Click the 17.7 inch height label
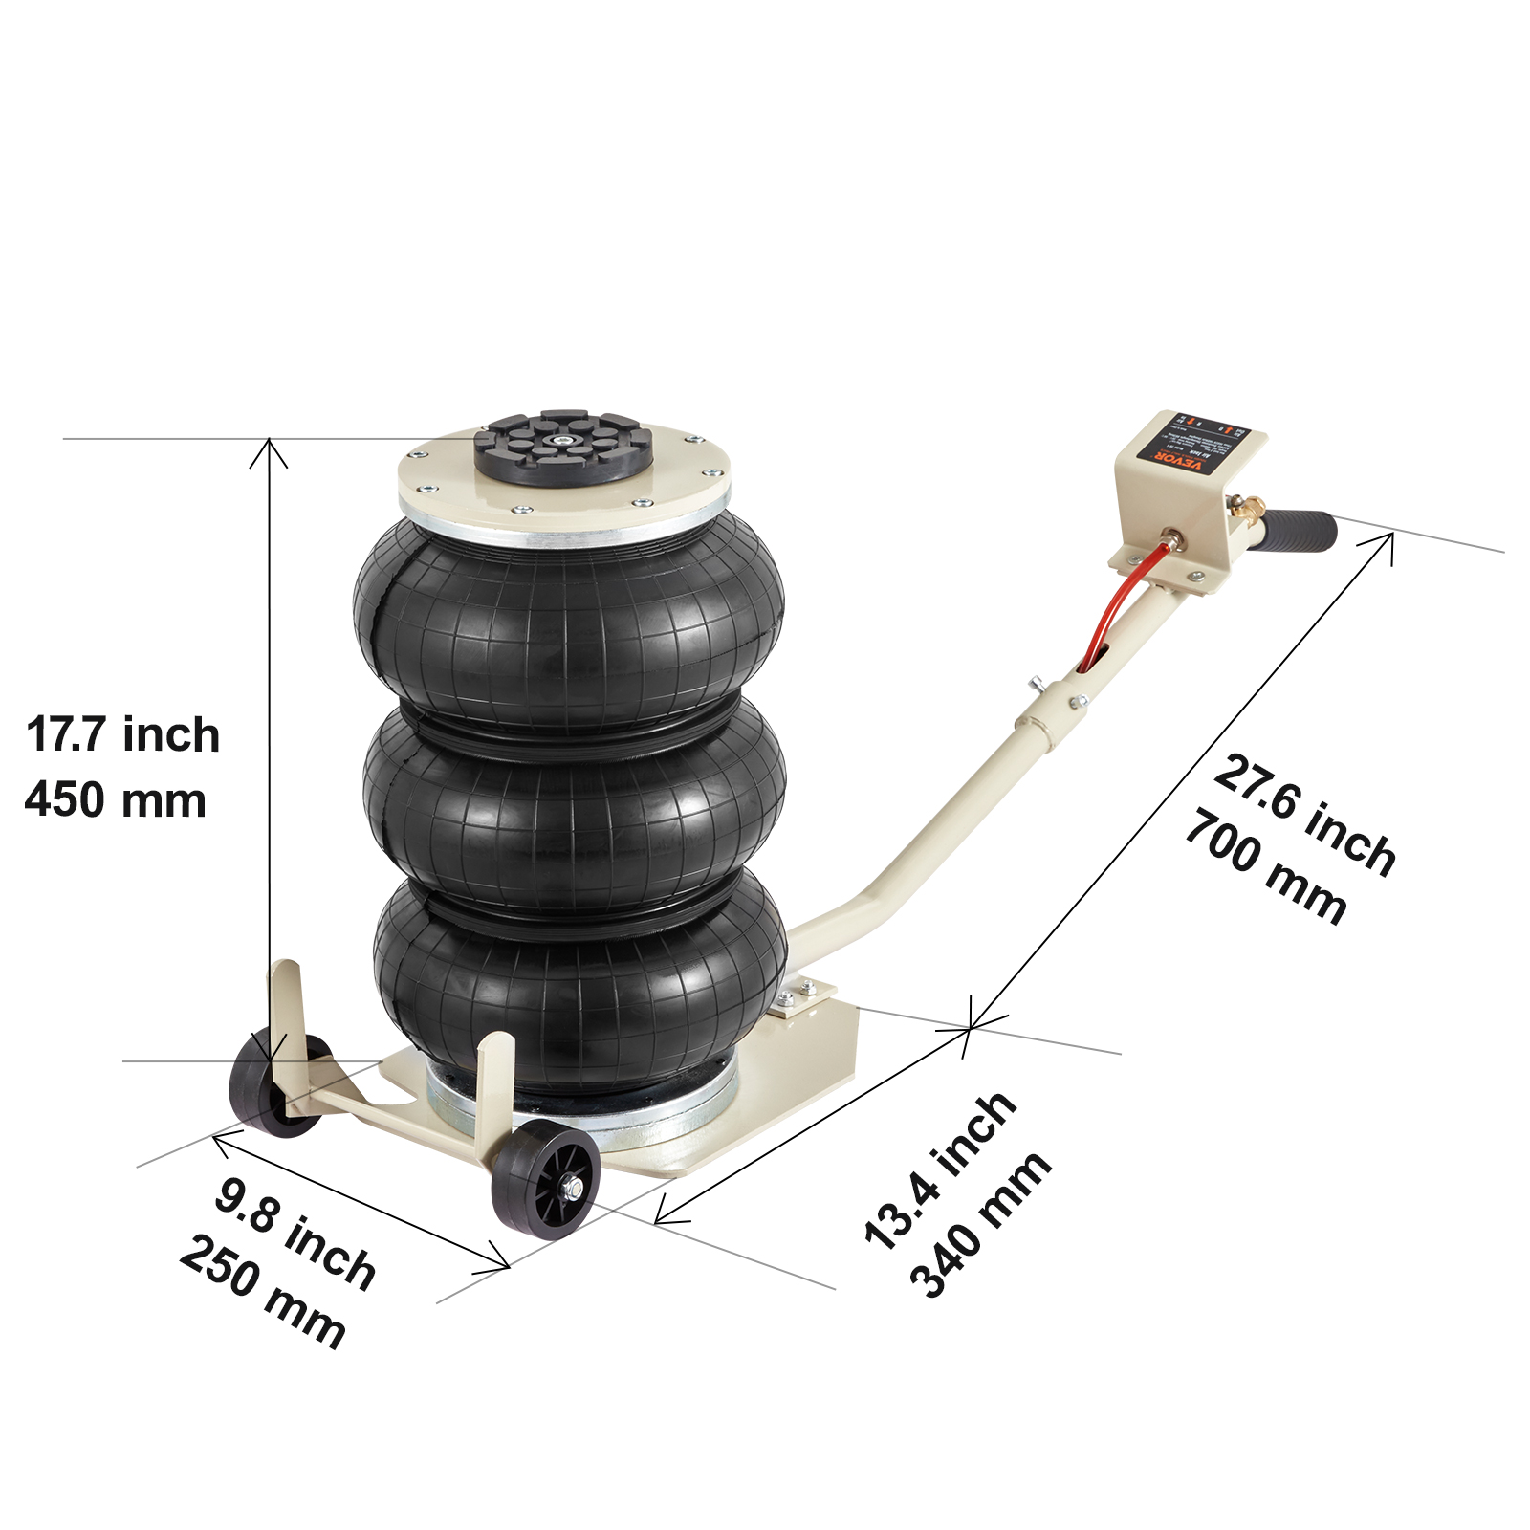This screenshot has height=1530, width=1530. tap(123, 734)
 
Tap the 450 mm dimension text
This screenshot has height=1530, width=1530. tap(116, 799)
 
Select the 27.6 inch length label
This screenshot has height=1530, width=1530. tap(1305, 815)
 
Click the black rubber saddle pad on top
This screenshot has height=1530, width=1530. tap(564, 448)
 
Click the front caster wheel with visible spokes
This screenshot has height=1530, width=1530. tap(546, 1182)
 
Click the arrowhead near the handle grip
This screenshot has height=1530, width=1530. tap(1387, 539)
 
